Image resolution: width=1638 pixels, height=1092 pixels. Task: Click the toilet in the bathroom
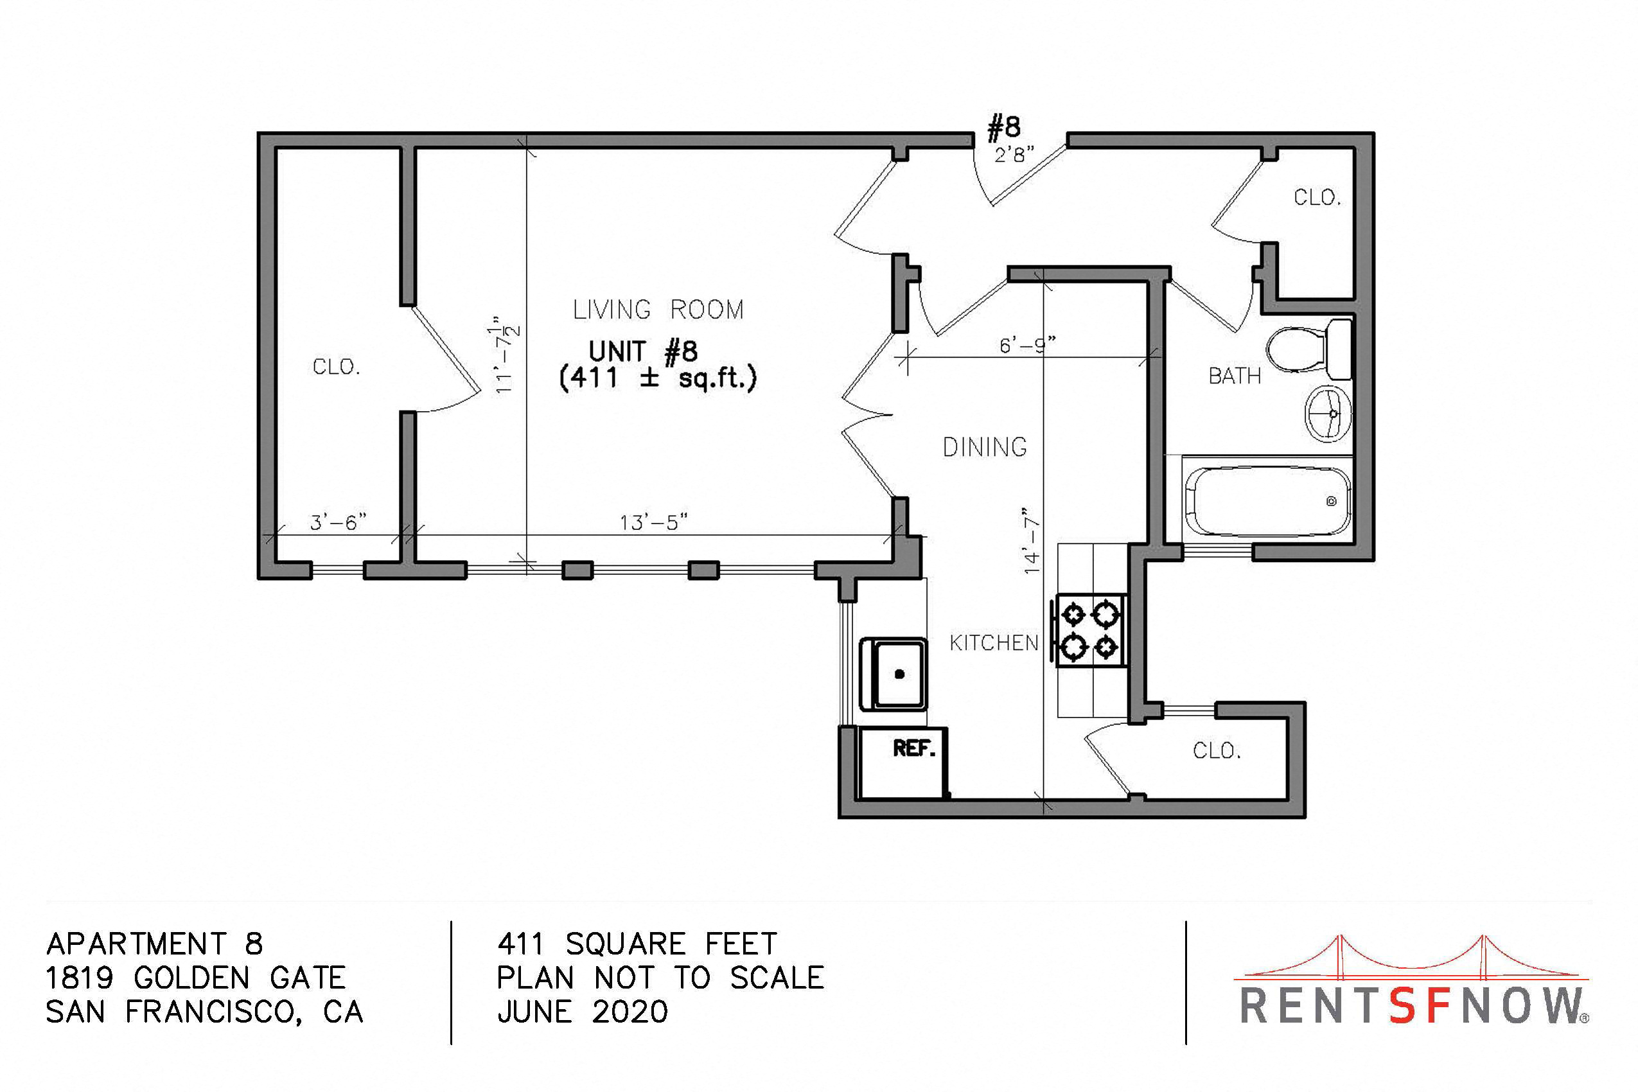coord(1308,349)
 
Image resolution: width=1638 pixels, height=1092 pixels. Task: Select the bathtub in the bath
coord(1267,501)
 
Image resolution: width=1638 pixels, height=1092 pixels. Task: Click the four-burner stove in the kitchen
coord(1091,631)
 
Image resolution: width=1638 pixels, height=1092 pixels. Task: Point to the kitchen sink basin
coord(894,673)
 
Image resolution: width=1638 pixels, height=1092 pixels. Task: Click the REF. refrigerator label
coord(913,748)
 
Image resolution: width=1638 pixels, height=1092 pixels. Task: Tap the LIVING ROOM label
coord(658,309)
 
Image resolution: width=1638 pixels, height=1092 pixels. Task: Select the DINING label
coord(985,447)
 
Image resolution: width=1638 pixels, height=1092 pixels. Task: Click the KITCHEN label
coord(994,643)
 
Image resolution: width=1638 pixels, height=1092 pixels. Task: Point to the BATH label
coord(1235,376)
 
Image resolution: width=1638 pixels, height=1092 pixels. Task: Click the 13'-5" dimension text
coord(654,522)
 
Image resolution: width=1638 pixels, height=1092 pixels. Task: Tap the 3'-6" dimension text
coord(338,522)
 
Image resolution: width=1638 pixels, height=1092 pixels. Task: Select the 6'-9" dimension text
coord(1027,345)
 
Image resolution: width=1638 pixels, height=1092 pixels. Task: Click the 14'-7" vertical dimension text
coord(1032,545)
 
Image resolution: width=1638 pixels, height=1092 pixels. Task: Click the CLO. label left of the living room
coord(337,367)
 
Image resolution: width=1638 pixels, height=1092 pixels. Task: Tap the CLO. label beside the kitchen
coord(1217,751)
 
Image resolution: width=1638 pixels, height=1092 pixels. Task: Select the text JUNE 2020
coord(583,1011)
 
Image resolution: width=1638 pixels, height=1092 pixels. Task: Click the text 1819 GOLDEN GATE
coord(196,978)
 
